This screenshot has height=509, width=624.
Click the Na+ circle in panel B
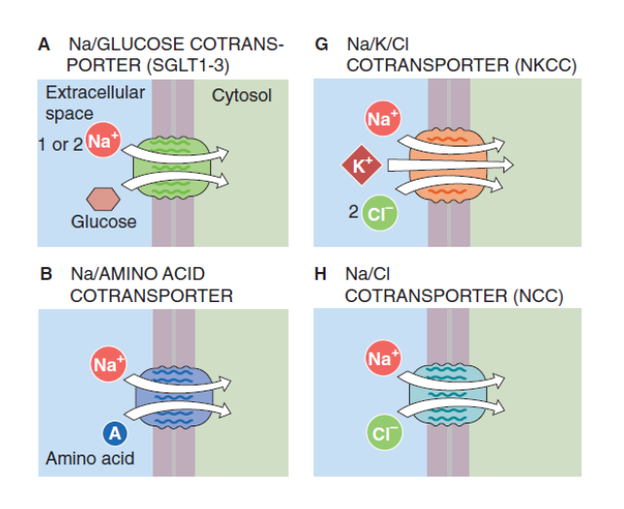pyautogui.click(x=108, y=365)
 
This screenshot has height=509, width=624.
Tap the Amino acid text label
pyautogui.click(x=90, y=458)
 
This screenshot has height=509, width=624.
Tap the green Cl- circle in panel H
pyautogui.click(x=380, y=432)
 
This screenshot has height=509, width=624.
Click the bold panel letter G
pyautogui.click(x=322, y=45)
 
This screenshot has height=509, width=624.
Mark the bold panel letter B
pyautogui.click(x=46, y=274)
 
